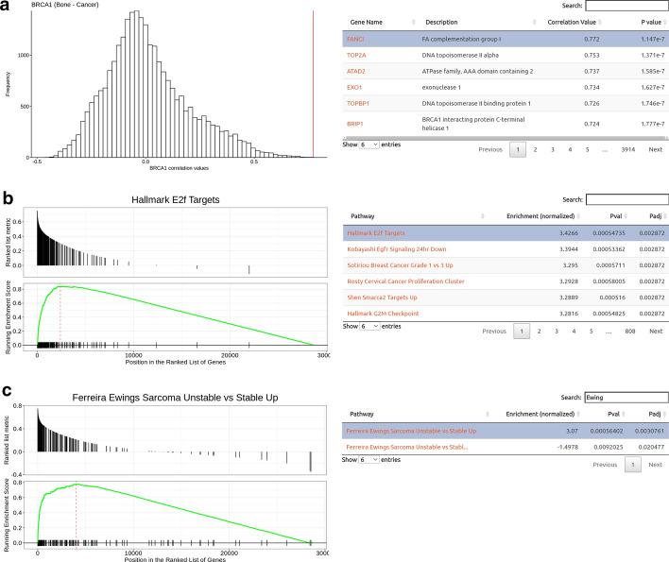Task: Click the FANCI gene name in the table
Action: (355, 39)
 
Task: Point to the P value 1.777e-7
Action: (647, 124)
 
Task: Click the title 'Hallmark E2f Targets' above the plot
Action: (179, 199)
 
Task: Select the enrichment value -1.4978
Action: (559, 446)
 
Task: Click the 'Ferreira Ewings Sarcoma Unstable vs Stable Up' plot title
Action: (179, 397)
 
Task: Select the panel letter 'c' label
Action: (8, 391)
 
